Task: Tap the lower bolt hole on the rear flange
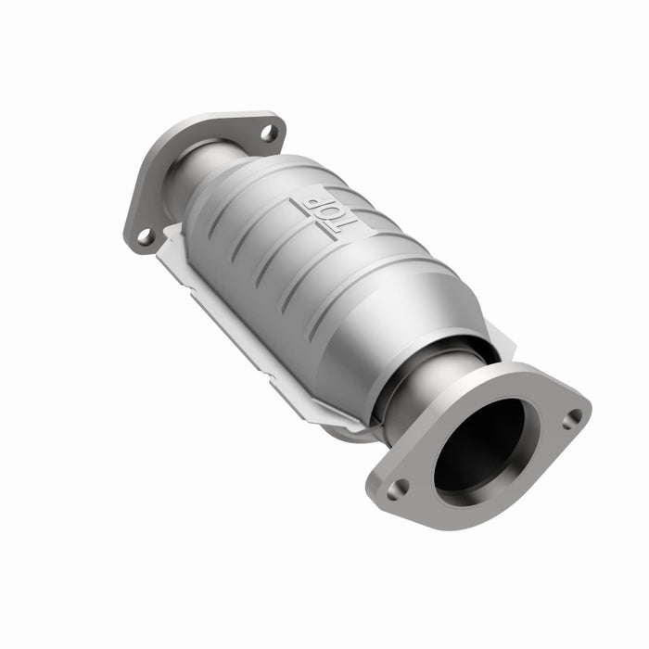pyautogui.click(x=145, y=236)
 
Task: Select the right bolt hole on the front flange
pyautogui.click(x=572, y=419)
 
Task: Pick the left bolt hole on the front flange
pyautogui.click(x=398, y=489)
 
